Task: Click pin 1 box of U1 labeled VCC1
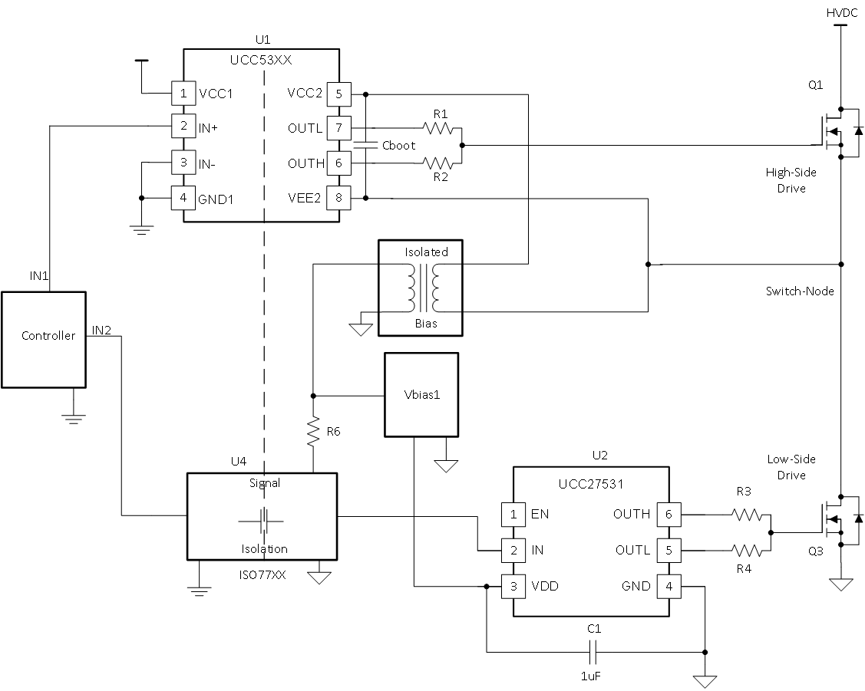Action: (x=183, y=94)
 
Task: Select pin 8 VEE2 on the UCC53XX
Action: (x=339, y=199)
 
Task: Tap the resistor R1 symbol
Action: (x=439, y=128)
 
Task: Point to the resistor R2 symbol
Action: (x=439, y=162)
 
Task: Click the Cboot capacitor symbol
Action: (x=366, y=145)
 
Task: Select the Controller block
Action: (x=43, y=338)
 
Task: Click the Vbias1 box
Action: (x=421, y=395)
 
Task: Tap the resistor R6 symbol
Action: (x=313, y=432)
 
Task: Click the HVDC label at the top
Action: (x=840, y=13)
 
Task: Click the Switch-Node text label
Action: (x=798, y=291)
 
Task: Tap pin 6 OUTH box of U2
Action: (x=668, y=514)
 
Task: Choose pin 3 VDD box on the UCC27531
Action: (x=513, y=586)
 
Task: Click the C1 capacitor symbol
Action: (x=593, y=652)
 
